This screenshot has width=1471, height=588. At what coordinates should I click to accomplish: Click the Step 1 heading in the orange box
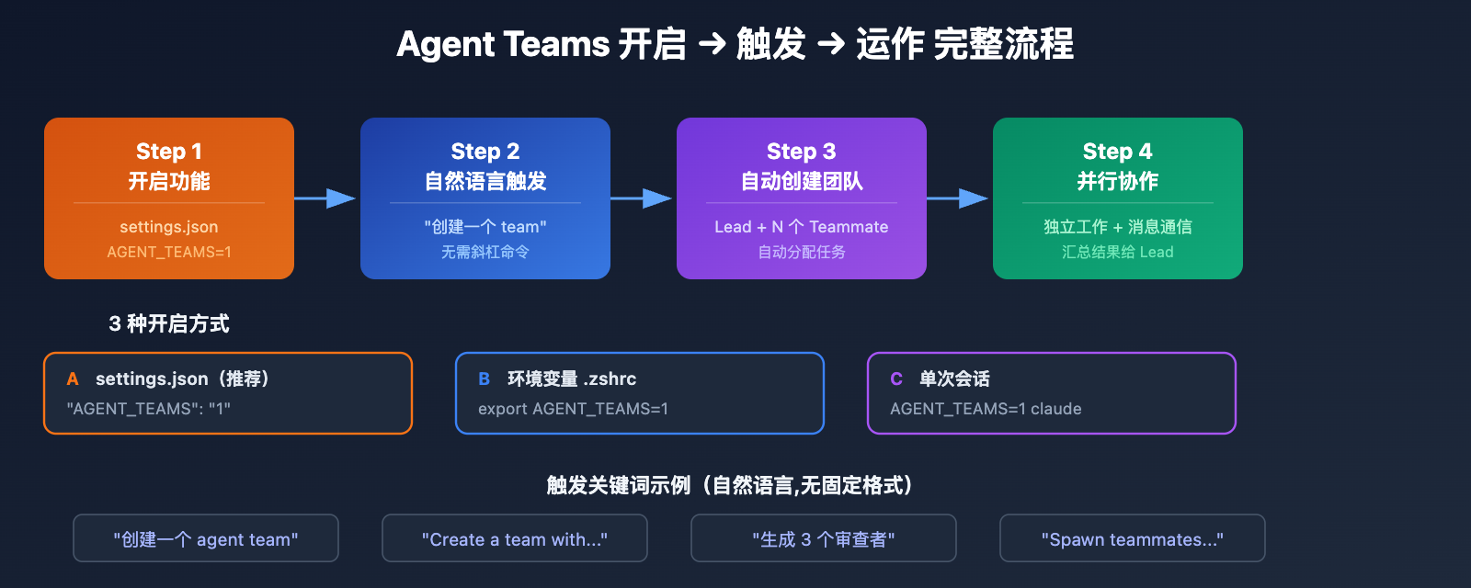[x=169, y=152]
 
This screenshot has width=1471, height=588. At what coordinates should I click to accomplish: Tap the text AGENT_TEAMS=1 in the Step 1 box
[x=169, y=252]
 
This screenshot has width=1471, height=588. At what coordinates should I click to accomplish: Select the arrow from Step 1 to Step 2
[x=325, y=198]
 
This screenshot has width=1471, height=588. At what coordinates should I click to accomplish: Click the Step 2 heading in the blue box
[x=485, y=152]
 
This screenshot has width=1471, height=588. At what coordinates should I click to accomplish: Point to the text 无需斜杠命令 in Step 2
[x=485, y=252]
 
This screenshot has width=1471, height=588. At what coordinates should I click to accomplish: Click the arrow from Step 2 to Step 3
[x=642, y=198]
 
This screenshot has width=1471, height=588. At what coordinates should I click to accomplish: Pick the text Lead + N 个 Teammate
[x=802, y=227]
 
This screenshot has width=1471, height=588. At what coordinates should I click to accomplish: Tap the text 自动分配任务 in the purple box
[x=802, y=252]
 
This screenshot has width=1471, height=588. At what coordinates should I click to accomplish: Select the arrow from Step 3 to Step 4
[x=958, y=198]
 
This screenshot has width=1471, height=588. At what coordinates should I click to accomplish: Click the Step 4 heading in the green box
[x=1118, y=152]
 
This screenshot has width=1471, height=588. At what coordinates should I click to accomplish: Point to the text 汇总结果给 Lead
[x=1118, y=252]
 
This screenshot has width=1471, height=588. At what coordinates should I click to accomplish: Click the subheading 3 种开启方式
[x=169, y=323]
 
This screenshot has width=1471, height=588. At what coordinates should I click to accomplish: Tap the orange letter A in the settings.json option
[x=73, y=379]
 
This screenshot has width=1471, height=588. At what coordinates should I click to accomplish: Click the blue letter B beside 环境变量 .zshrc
[x=485, y=379]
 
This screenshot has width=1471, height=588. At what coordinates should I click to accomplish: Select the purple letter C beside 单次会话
[x=896, y=379]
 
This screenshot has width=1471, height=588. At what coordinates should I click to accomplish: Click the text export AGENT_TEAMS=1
[x=573, y=409]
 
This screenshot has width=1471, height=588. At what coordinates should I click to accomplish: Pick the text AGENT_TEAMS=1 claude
[x=986, y=409]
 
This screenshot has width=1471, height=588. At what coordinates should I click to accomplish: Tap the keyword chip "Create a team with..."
[x=515, y=539]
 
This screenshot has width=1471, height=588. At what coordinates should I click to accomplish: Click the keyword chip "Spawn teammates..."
[x=1133, y=539]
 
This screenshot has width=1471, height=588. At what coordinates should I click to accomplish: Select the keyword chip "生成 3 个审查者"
[x=824, y=539]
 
